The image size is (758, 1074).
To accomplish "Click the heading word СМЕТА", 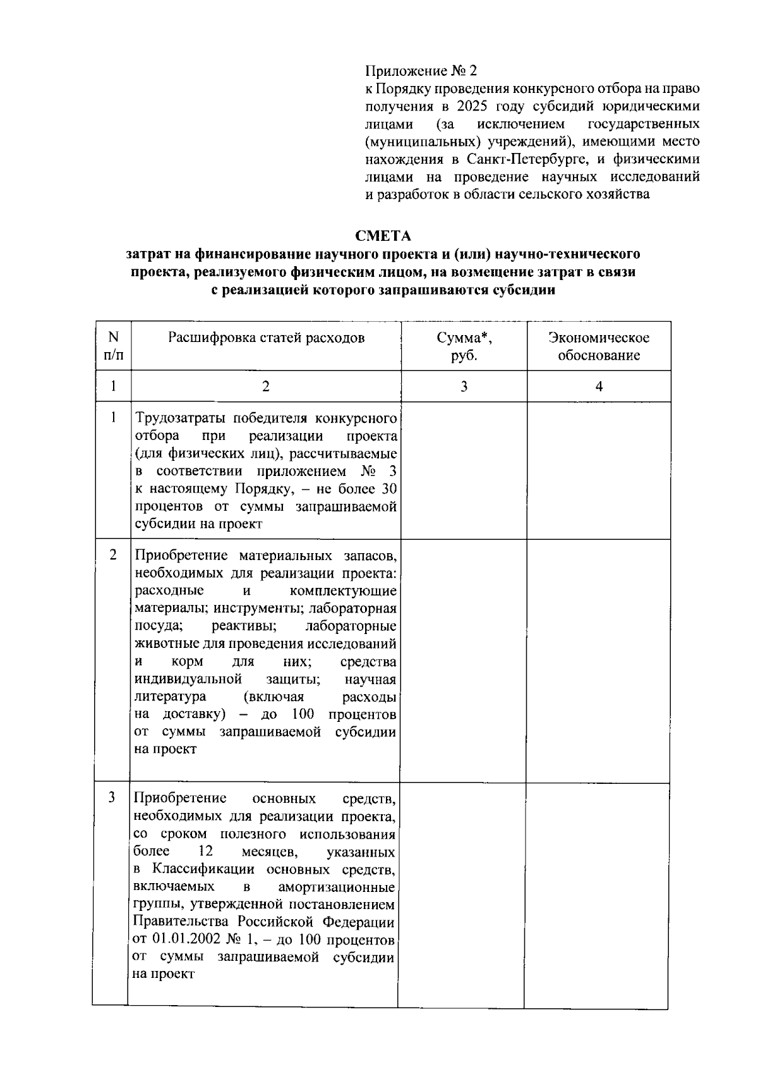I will coord(383,236).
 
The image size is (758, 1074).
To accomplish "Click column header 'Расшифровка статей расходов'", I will coord(266,338).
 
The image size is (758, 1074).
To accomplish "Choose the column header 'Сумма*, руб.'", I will coord(464,346).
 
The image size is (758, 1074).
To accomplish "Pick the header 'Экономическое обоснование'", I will coord(598,346).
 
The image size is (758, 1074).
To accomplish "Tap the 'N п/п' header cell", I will coord(113,346).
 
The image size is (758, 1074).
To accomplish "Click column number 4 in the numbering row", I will coord(599,386).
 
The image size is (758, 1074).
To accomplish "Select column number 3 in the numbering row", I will coord(464,386).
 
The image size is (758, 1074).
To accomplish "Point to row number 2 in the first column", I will coord(113,555).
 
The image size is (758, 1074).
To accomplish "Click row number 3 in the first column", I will coord(112,798).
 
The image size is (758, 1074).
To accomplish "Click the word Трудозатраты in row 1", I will coord(176,418).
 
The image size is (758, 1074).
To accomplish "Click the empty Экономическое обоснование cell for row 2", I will coord(598,661).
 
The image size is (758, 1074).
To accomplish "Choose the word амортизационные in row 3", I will coord(337,887).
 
